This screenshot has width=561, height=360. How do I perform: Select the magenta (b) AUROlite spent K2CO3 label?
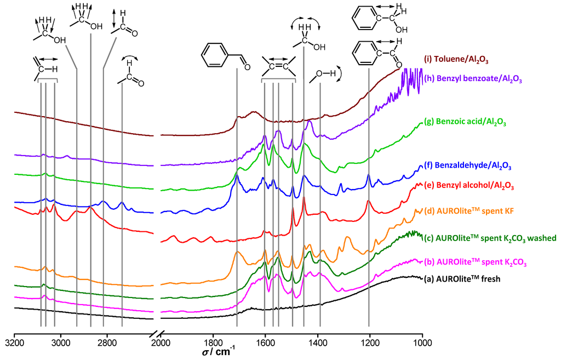475,263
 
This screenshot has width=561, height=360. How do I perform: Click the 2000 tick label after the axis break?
161,344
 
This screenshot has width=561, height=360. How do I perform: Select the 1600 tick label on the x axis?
265,344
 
